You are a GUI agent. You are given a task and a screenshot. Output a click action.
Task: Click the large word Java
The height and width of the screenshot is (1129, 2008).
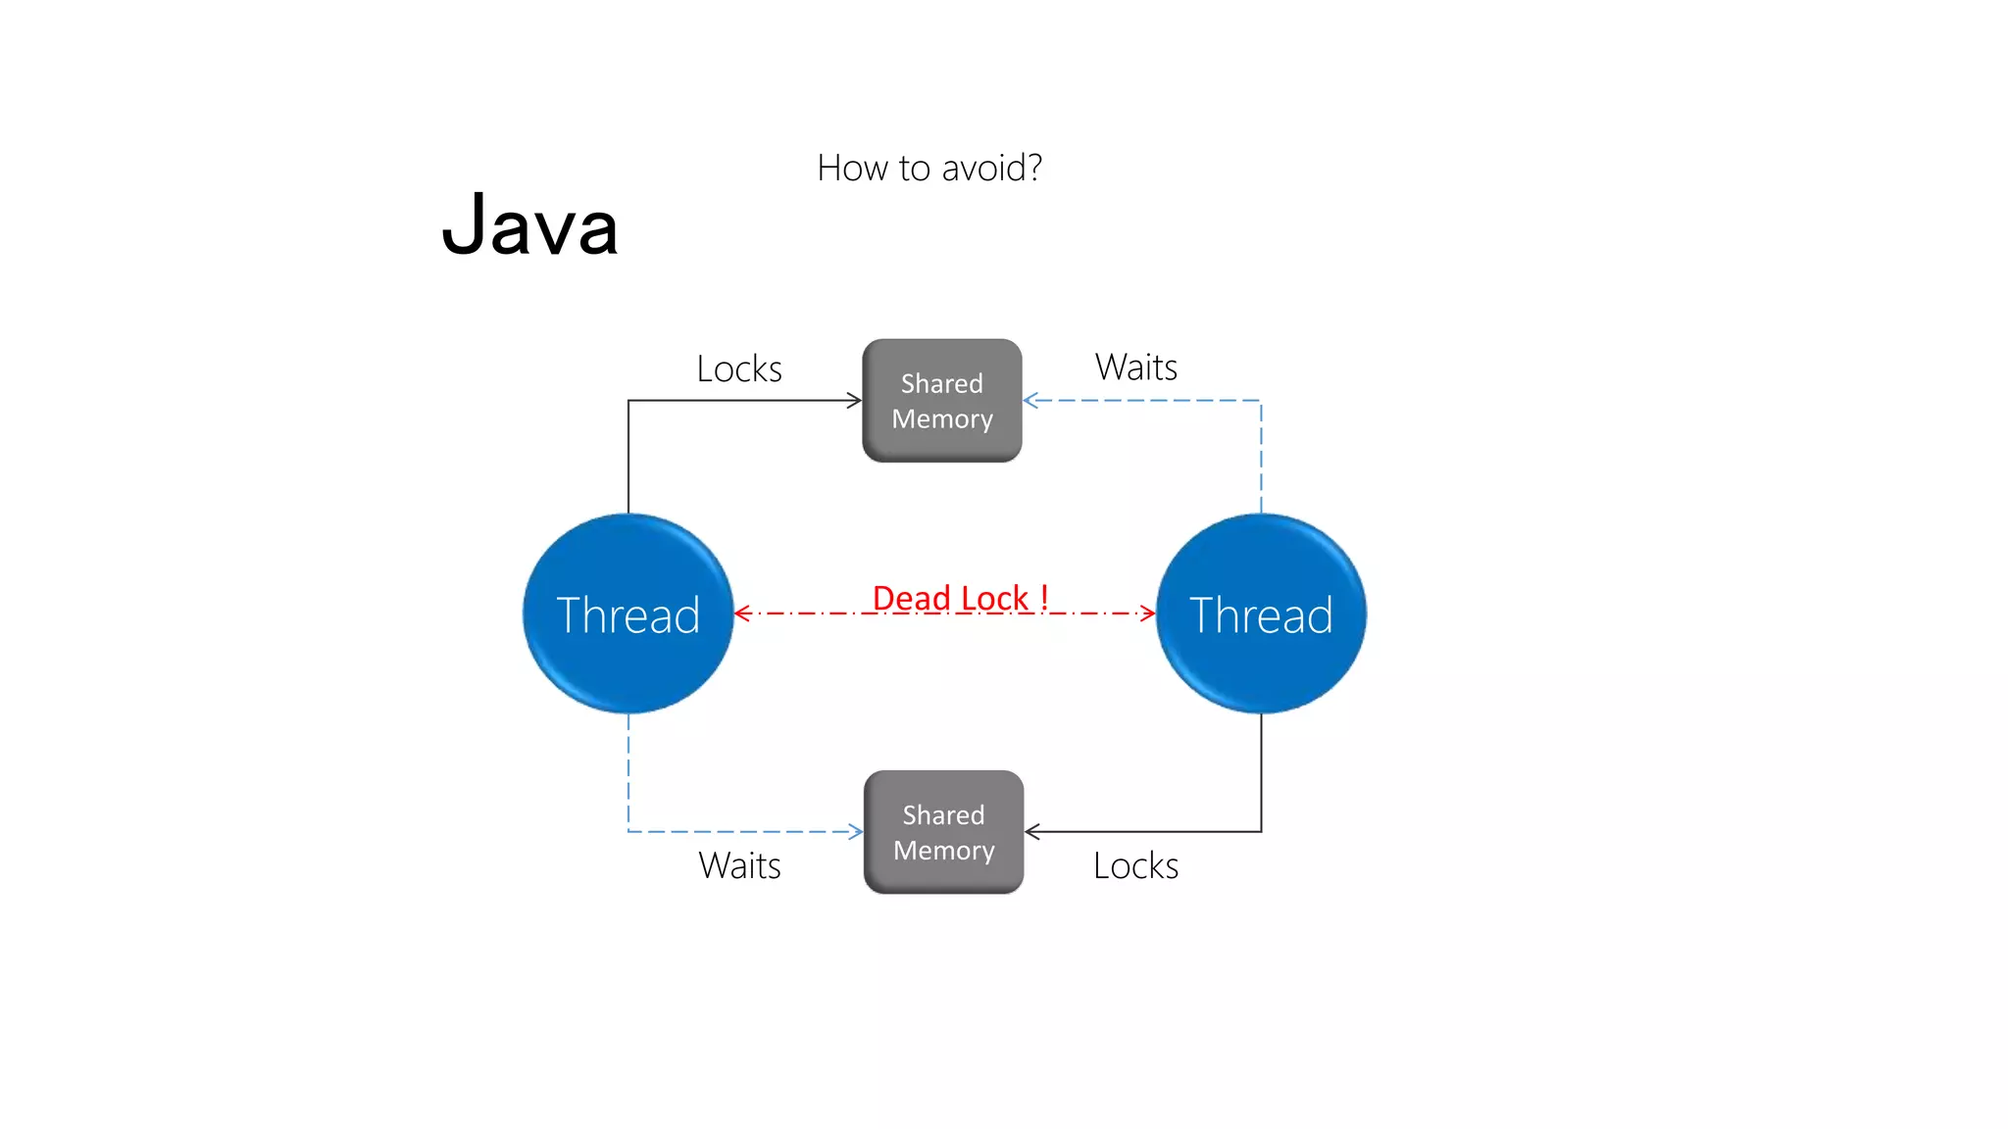pos(529,226)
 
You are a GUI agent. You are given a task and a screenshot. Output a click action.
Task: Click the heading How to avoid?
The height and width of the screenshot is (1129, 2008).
pos(929,169)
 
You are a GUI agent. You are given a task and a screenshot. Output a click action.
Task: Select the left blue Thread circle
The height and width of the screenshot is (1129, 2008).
pos(627,614)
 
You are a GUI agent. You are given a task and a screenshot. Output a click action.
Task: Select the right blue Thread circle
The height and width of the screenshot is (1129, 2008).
pos(1261,614)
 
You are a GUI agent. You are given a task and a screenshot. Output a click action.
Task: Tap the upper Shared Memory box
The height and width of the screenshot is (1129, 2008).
pos(942,401)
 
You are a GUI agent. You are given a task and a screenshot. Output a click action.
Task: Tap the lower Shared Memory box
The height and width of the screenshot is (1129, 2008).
pos(943,832)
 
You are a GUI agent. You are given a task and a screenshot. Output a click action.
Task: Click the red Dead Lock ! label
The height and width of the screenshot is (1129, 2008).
pos(960,598)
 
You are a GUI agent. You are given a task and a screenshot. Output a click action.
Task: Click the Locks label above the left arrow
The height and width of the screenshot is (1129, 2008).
pos(739,369)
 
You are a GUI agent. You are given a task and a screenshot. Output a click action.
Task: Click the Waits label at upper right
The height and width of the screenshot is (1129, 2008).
pos(1135,368)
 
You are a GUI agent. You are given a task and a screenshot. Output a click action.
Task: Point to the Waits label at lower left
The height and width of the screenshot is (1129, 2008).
pos(739,866)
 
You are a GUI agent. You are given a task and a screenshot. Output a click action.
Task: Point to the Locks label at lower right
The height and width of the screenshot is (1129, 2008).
pos(1135,866)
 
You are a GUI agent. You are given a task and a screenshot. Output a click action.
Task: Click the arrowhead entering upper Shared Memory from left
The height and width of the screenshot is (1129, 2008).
pos(855,400)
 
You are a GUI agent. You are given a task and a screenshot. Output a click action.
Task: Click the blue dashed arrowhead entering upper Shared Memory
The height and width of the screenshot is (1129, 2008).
pos(1030,400)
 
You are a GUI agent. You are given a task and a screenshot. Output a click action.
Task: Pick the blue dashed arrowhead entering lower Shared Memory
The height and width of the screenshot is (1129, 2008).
pos(856,832)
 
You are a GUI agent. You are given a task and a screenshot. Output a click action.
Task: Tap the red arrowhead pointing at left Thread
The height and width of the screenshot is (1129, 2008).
pos(742,614)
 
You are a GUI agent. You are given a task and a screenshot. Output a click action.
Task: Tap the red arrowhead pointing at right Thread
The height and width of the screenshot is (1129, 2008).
pos(1148,614)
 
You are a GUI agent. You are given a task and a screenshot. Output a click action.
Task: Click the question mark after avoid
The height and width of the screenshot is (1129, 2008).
pos(1033,168)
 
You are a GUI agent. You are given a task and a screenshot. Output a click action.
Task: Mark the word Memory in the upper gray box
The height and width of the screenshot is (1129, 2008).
pos(942,419)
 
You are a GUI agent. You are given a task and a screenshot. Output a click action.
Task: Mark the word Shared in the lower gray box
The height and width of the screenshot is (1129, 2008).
pos(943,815)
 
